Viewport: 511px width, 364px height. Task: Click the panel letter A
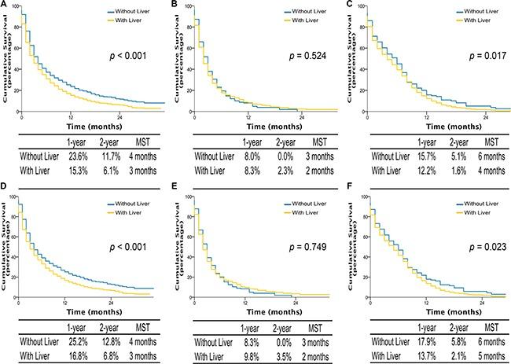coord(6,7)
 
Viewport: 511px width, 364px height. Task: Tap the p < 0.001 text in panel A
coord(127,57)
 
